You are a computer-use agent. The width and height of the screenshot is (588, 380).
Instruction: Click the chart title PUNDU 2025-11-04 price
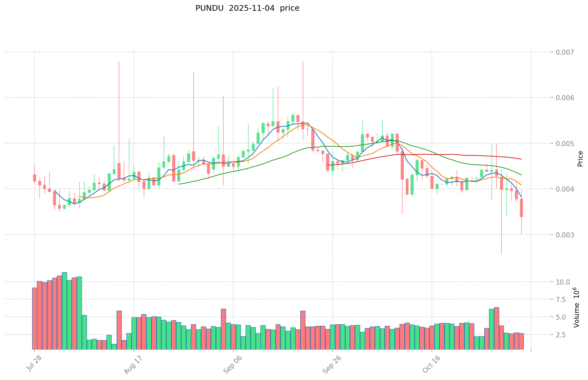click(x=247, y=8)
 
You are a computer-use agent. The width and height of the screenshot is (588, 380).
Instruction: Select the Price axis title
click(x=580, y=158)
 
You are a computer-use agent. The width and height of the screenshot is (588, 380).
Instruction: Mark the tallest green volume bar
click(x=64, y=310)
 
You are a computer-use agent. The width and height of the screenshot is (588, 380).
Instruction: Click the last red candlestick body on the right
click(x=521, y=208)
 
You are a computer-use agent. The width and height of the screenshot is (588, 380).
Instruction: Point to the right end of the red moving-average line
click(x=521, y=159)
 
